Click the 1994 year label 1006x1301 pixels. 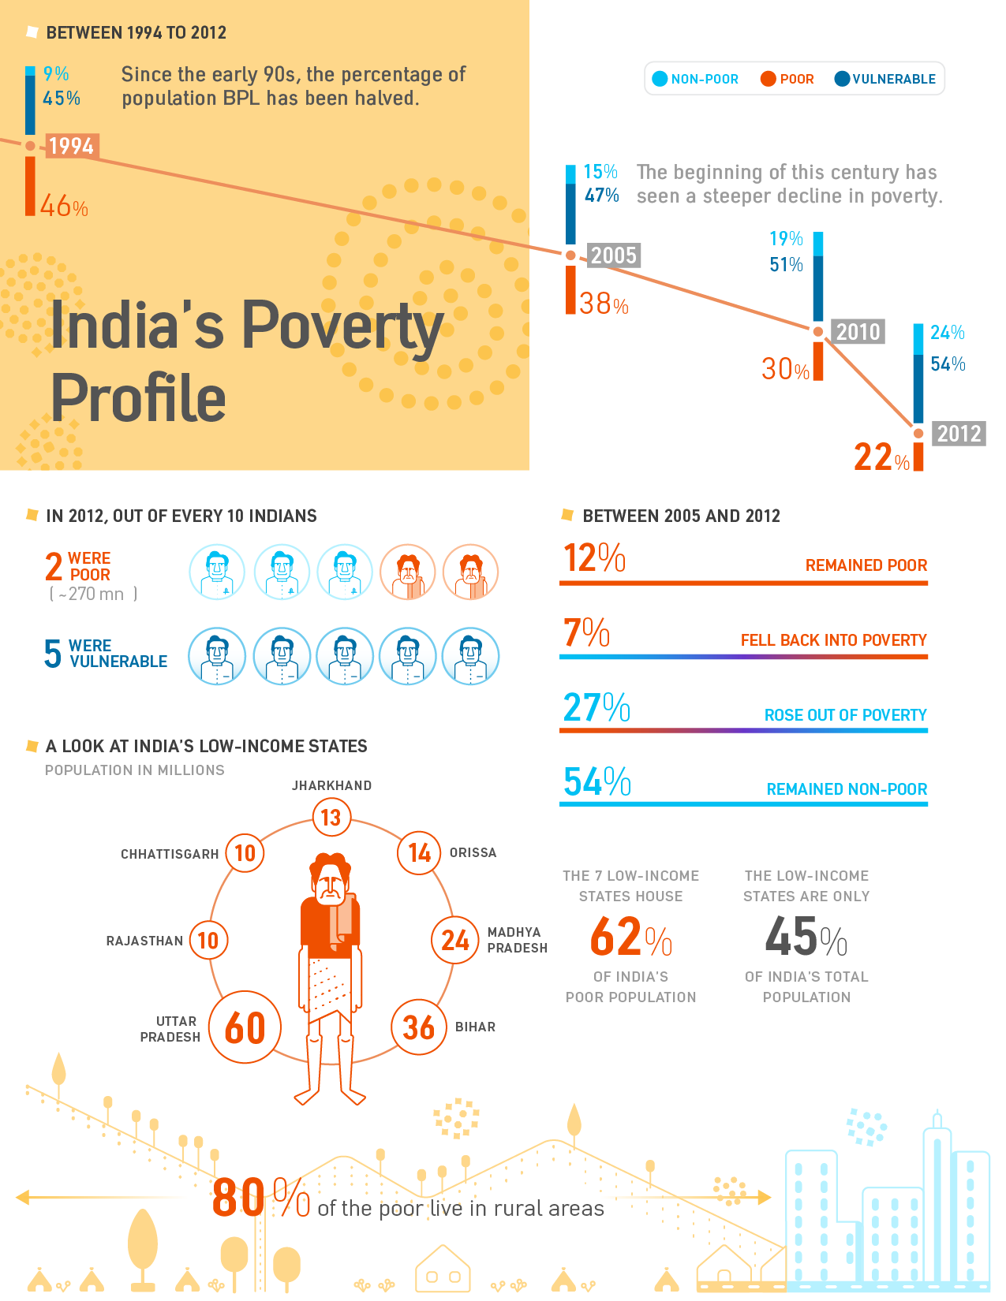pyautogui.click(x=71, y=146)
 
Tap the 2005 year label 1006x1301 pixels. pyautogui.click(x=613, y=255)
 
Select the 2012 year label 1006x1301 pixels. pyautogui.click(x=959, y=434)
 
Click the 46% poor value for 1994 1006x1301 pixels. pyautogui.click(x=64, y=207)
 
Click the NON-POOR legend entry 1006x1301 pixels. pyautogui.click(x=695, y=79)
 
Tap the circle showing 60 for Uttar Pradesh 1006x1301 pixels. pyautogui.click(x=245, y=1027)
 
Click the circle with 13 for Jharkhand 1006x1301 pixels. pyautogui.click(x=331, y=818)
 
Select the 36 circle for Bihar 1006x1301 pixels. pyautogui.click(x=419, y=1027)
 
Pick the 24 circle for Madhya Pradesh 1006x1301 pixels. pyautogui.click(x=455, y=940)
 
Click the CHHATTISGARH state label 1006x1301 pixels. pyautogui.click(x=170, y=854)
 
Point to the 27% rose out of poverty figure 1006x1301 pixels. pyautogui.click(x=596, y=707)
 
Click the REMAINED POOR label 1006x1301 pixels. pyautogui.click(x=866, y=565)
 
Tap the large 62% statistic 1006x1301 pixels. pyautogui.click(x=630, y=937)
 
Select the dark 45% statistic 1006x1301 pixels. pyautogui.click(x=806, y=937)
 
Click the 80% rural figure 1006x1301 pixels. pyautogui.click(x=260, y=1198)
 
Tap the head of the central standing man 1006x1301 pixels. pyautogui.click(x=331, y=879)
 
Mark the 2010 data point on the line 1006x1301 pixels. pyautogui.click(x=818, y=332)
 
